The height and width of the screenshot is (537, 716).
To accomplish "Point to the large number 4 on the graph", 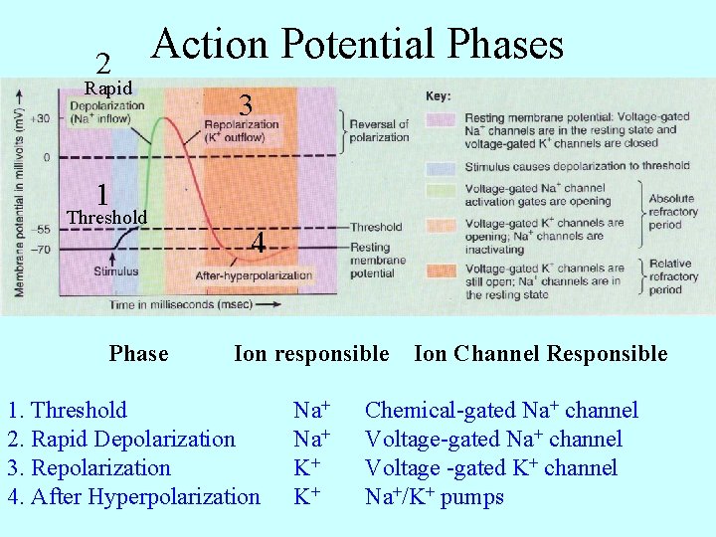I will (258, 243).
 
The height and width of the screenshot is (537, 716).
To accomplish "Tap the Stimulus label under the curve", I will (116, 270).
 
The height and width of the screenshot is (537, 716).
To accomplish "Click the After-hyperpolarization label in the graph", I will (254, 275).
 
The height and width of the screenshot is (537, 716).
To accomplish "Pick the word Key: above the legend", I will (438, 96).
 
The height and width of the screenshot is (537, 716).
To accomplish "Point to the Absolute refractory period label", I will (672, 212).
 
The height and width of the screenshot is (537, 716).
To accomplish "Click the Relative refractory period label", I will (672, 277).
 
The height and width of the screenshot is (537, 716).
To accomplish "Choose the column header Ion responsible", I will (311, 354).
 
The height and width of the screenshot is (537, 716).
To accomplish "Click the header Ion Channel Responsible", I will (540, 354).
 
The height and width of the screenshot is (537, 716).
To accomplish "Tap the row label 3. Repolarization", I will (89, 468).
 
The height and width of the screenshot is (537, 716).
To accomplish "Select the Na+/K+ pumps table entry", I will (435, 497).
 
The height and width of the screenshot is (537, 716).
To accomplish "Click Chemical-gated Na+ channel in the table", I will (501, 411).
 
